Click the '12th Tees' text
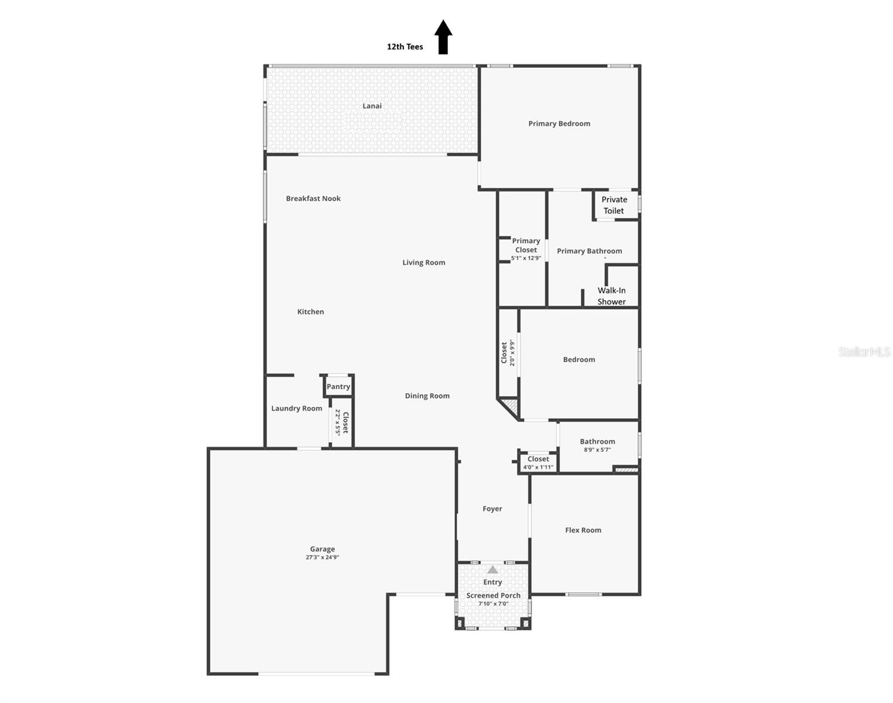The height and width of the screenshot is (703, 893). [405, 47]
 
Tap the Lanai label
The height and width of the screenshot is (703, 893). [372, 106]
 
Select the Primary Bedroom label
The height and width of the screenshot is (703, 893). [559, 124]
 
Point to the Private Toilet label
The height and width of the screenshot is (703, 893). [614, 205]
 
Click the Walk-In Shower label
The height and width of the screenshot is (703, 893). [611, 296]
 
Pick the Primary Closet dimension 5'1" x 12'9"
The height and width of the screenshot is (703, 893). [526, 258]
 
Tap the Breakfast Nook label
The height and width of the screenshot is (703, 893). [313, 199]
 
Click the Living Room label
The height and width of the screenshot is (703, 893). [423, 262]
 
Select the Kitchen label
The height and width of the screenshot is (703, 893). [310, 312]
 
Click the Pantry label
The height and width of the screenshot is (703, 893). [338, 387]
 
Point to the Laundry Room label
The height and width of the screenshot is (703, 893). [296, 408]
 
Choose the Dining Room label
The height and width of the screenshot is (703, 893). [427, 396]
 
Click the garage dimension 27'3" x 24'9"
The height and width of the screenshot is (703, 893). [322, 557]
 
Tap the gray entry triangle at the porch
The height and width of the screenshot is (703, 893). [492, 569]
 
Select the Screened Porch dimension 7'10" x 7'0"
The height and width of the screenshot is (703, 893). [493, 603]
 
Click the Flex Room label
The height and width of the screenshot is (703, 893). [583, 530]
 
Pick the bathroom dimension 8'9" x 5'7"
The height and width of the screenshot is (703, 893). [597, 450]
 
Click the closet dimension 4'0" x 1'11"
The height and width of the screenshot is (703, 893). [538, 467]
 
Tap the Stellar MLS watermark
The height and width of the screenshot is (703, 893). [864, 351]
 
